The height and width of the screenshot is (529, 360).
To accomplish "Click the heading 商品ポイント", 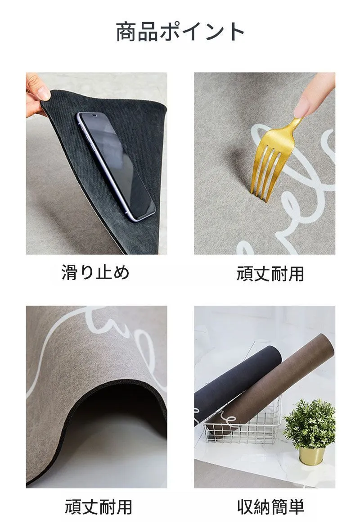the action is click(x=180, y=32).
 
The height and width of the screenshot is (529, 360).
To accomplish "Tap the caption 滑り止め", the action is click(x=96, y=272).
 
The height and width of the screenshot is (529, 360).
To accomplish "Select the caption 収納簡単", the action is click(x=270, y=506).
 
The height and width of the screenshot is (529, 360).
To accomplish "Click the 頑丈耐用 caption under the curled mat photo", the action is click(x=99, y=506).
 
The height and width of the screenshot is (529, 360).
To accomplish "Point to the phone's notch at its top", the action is click(x=94, y=116).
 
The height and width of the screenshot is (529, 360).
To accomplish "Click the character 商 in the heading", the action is click(x=126, y=32).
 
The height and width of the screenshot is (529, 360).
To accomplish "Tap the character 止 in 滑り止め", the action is click(x=104, y=272).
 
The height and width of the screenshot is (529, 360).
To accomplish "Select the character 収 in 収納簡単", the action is click(x=245, y=506).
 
